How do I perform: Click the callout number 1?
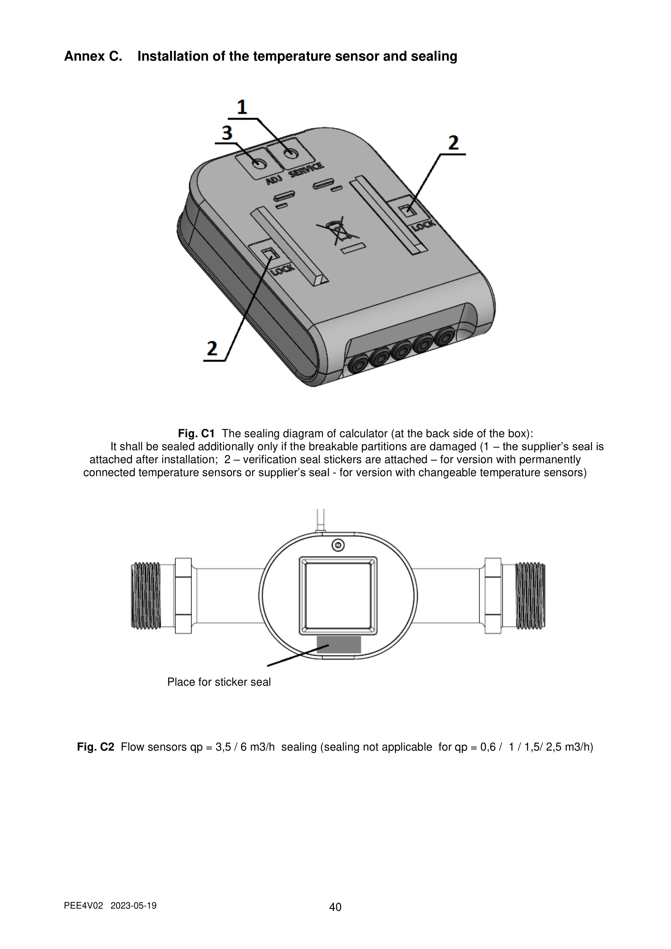point(242,107)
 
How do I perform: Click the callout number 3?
point(227,133)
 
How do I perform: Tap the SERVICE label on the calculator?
point(306,170)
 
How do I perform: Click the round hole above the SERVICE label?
point(291,153)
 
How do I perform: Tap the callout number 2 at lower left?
point(212,348)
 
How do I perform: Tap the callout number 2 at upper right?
point(454,142)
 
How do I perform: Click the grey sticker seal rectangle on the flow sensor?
point(339,644)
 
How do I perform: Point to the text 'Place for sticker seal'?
point(219,682)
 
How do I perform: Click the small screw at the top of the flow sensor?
point(338,546)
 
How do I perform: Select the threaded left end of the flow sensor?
point(146,596)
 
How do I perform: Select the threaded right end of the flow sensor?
point(531,596)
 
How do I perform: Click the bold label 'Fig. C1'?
point(196,434)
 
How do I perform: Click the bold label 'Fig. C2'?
point(95,747)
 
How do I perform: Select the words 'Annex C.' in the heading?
point(93,56)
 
